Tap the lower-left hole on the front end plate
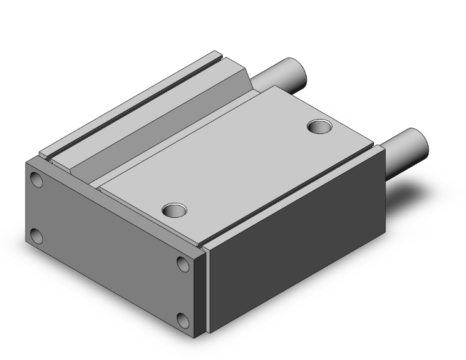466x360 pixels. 37,236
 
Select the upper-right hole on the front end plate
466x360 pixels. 184,264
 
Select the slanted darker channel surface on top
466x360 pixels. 163,119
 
